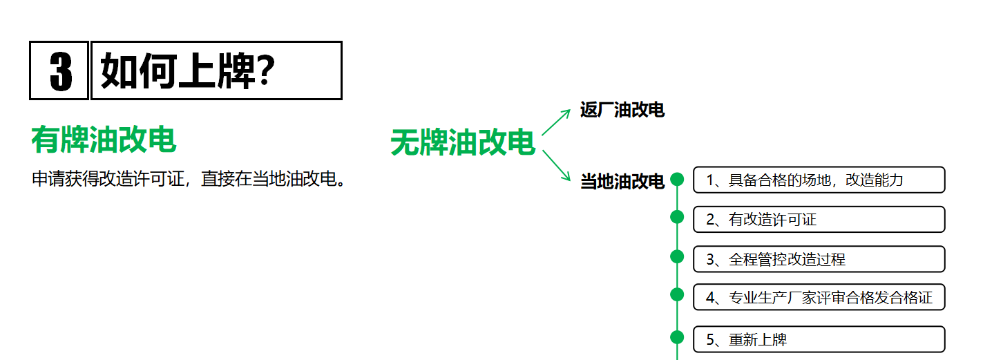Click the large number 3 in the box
60,70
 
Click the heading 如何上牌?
188,70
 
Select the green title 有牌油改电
104,140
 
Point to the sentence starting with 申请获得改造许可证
189,179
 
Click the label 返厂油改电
622,110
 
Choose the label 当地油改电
622,182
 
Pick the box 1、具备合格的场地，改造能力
819,180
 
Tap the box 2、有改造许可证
819,220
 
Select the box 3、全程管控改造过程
819,259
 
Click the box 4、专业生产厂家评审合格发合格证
819,297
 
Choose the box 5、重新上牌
819,339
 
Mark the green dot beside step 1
677,180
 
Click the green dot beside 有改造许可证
677,217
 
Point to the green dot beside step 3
677,256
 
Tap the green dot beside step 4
677,294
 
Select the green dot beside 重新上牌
677,337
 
